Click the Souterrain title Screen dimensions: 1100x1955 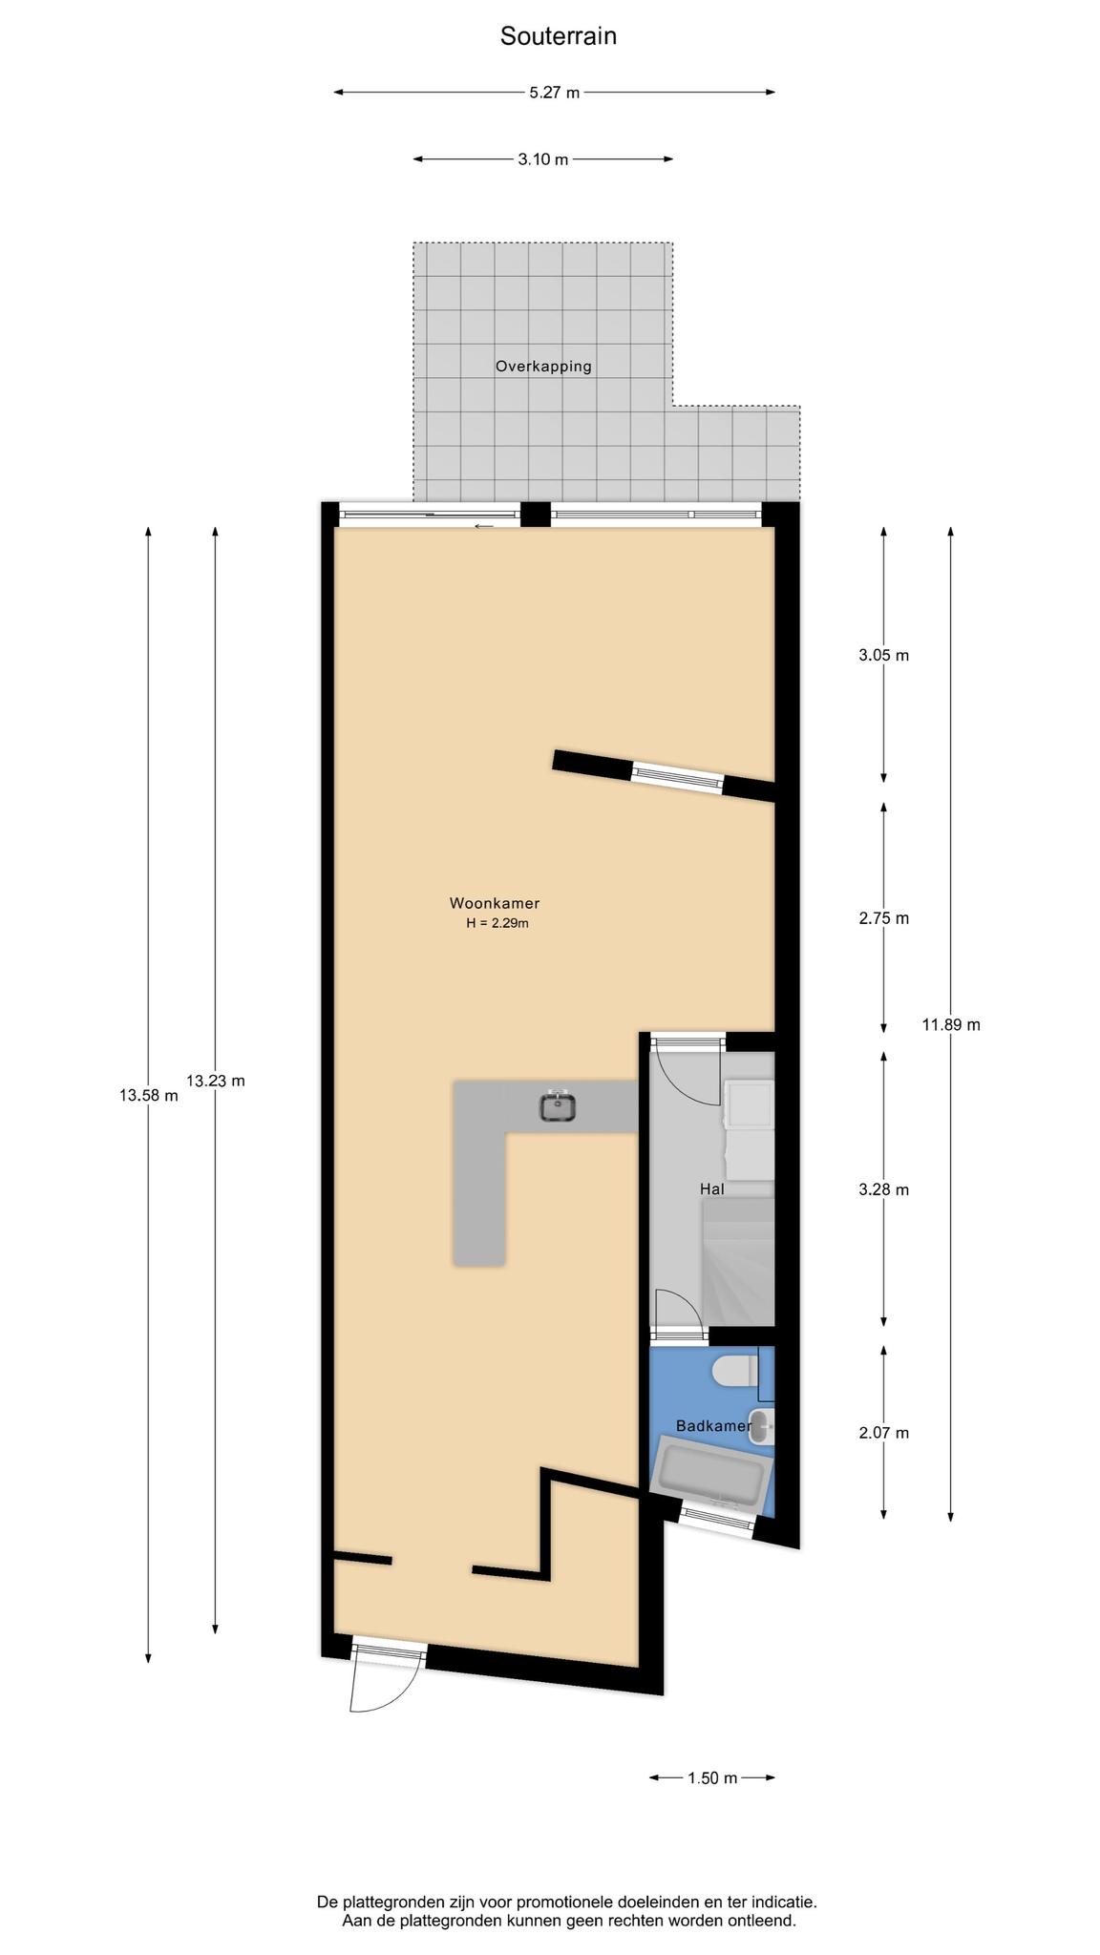click(x=559, y=36)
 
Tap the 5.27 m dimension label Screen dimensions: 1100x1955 click(x=554, y=93)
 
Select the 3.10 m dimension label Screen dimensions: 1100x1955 click(x=543, y=159)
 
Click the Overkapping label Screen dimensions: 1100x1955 click(x=543, y=366)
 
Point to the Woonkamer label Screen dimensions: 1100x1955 click(x=495, y=903)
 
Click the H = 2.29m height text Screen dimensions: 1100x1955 click(x=497, y=923)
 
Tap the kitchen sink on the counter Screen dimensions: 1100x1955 click(x=558, y=1106)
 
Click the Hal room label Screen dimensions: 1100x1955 click(x=712, y=1189)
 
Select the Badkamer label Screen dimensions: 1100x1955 click(x=713, y=1426)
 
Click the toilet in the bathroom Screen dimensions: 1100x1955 click(x=735, y=1372)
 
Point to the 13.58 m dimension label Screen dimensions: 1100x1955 click(x=148, y=1096)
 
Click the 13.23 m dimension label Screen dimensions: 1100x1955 click(x=215, y=1082)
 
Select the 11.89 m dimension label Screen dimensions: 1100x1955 click(x=951, y=1025)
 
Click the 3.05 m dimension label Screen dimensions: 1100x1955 click(x=883, y=656)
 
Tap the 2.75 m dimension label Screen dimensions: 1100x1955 click(x=883, y=918)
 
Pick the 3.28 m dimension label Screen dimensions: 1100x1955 click(x=883, y=1189)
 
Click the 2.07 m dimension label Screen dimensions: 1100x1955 click(x=883, y=1433)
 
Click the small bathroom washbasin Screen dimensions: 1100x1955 click(x=762, y=1425)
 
